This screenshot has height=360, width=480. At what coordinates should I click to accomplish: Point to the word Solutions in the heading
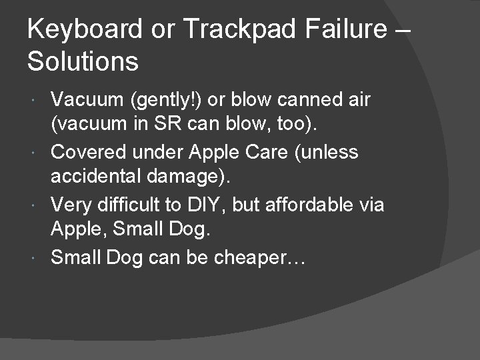[x=83, y=62]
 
